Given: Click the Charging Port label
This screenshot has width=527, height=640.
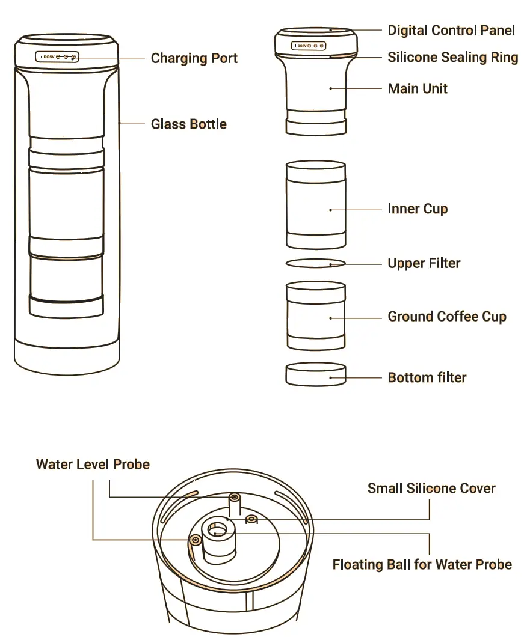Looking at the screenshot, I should coord(194,58).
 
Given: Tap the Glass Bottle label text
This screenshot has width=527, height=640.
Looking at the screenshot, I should coord(188,124).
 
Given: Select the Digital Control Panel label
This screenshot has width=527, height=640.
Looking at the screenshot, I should coord(451,30).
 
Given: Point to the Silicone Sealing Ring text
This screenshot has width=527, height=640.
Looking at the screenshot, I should coord(452,58).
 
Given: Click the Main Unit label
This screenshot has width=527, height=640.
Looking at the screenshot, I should coord(418,89).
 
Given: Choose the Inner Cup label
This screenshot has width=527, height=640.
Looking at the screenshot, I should coord(418,209).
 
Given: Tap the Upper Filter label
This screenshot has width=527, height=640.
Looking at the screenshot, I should coord(424,263).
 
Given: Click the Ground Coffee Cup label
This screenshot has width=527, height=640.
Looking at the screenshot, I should coord(446,317).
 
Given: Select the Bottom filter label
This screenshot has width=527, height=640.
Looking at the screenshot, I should coord(427,378).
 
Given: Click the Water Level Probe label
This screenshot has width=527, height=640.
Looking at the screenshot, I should coord(93,465).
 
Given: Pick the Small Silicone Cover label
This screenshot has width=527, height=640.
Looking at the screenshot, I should coord(431,489).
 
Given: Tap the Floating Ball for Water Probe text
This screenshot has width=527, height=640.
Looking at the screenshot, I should coord(422,565).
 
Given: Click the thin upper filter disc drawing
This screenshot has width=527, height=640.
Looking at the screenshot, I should coord(315,263).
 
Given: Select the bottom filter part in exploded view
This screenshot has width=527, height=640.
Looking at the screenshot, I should coord(315,374).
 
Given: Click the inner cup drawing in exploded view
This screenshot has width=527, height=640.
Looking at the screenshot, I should coord(315,204).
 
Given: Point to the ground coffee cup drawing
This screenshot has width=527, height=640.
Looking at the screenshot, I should coord(315,315).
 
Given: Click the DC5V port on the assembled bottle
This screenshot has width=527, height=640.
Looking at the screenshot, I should coord(58,58).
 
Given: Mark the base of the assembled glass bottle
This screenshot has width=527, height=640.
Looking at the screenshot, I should coord(66,358).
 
